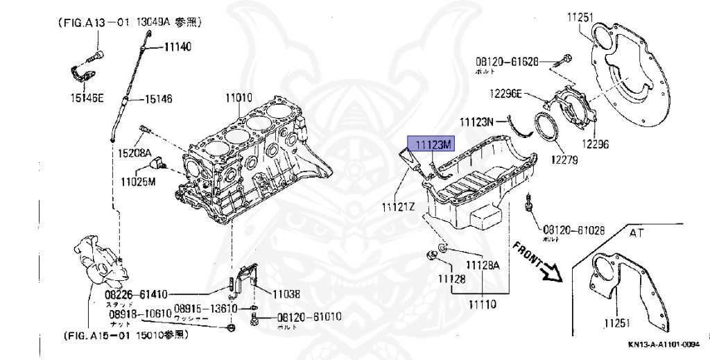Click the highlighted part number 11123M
(433, 144)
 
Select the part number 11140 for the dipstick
(178, 46)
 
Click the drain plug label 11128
(452, 278)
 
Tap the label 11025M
(139, 182)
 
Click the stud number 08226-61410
(135, 294)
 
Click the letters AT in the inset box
(637, 234)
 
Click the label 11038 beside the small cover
(287, 294)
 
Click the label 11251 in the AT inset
(618, 323)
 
